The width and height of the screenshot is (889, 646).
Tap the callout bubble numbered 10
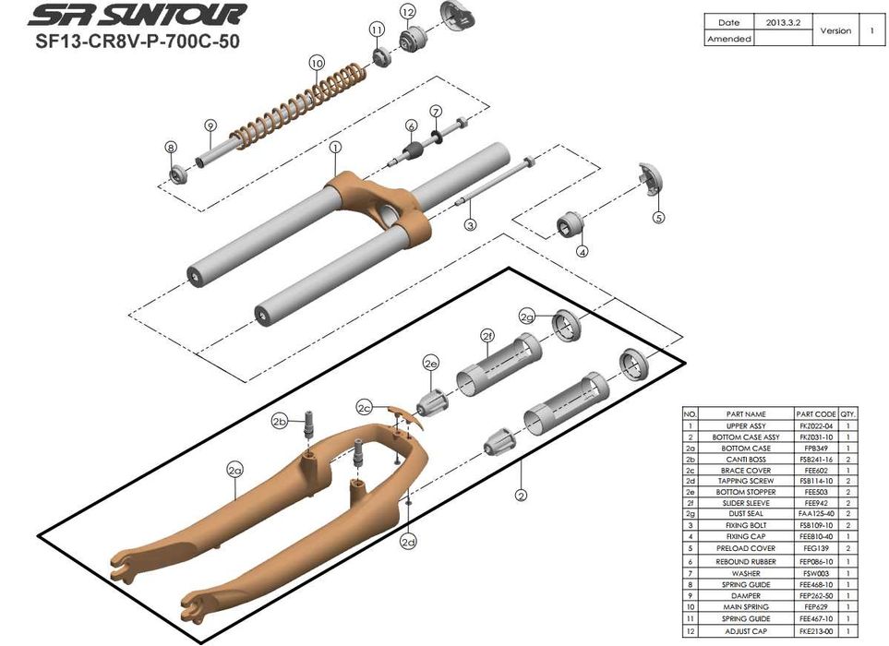[318, 63]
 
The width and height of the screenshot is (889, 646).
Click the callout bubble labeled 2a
[234, 470]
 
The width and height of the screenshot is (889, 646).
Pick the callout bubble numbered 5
[658, 218]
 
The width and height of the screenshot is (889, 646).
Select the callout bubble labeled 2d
[408, 542]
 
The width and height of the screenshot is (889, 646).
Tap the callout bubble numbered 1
[335, 146]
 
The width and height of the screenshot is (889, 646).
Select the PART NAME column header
[746, 414]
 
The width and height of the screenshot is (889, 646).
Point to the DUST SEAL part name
[746, 514]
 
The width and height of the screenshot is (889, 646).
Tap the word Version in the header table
[835, 30]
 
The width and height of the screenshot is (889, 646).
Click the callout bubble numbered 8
[171, 147]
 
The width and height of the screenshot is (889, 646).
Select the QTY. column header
[850, 414]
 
